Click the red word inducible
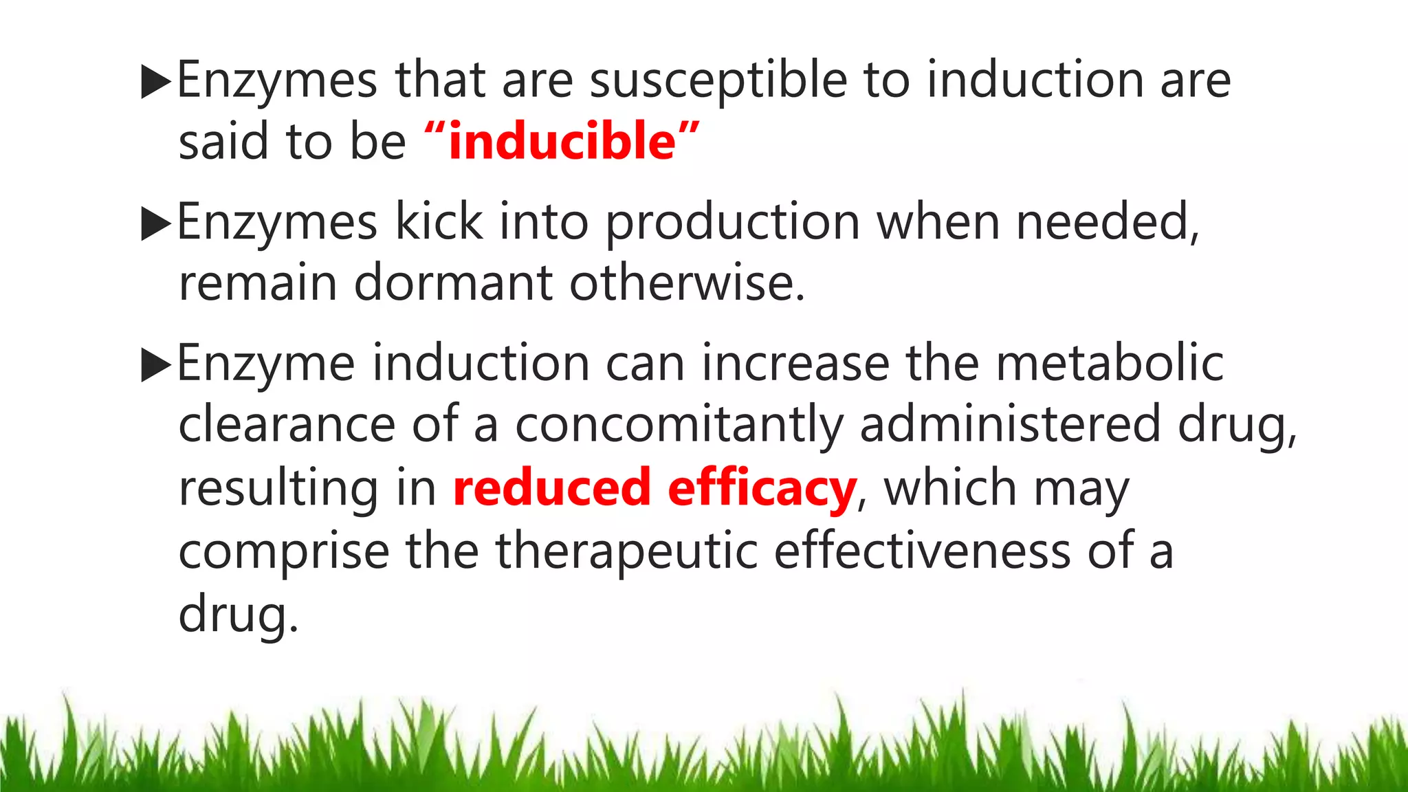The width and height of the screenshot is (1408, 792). (x=562, y=141)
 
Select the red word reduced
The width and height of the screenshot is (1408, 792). (x=551, y=487)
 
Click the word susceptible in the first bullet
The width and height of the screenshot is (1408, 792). (x=718, y=81)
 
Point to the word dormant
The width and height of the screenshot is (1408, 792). (x=453, y=283)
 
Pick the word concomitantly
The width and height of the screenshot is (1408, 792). (x=679, y=425)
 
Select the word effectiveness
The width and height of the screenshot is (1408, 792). (x=922, y=551)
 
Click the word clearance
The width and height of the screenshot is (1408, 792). (x=287, y=424)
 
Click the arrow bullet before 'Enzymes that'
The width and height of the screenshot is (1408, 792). (x=155, y=82)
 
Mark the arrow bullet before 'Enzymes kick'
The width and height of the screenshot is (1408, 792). (x=155, y=224)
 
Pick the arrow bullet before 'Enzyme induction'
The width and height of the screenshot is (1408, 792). (x=155, y=365)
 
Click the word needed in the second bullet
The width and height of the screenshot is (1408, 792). (x=1107, y=222)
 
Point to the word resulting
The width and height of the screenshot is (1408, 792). (x=278, y=489)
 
